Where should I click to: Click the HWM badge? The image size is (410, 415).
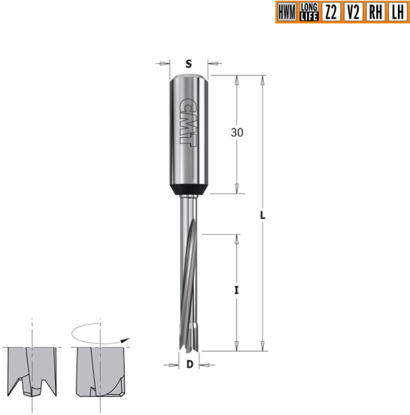(287, 12)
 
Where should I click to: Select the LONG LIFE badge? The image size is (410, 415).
(308, 12)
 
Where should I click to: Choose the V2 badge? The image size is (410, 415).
(353, 12)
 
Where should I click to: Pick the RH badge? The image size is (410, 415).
(375, 12)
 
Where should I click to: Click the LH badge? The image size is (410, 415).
(396, 12)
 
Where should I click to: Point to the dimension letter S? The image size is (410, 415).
(188, 63)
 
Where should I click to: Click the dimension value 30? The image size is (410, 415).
(238, 133)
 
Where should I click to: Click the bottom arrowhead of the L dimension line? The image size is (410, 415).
(263, 348)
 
